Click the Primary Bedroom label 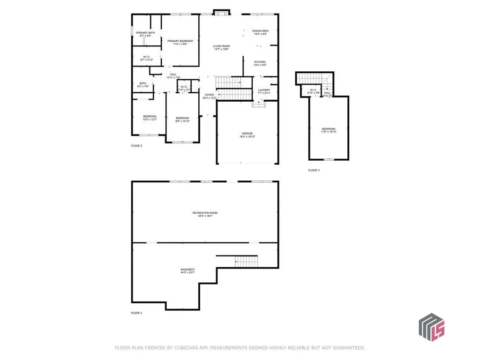pyautogui.click(x=180, y=43)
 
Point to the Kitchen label pyautogui.click(x=260, y=63)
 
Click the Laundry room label pyautogui.click(x=264, y=91)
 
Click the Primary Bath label pyautogui.click(x=145, y=34)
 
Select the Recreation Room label pyautogui.click(x=205, y=214)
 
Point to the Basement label pyautogui.click(x=187, y=270)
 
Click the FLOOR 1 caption pyautogui.click(x=136, y=313)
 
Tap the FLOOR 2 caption pyautogui.click(x=136, y=146)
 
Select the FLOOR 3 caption pyautogui.click(x=314, y=170)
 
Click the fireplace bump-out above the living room pyautogui.click(x=220, y=12)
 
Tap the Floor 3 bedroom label pyautogui.click(x=329, y=130)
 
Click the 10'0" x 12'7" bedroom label pyautogui.click(x=150, y=118)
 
